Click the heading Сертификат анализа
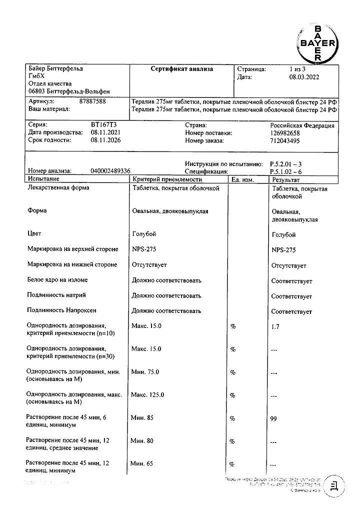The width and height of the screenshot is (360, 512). click(x=182, y=69)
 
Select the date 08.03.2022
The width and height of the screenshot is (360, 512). click(x=304, y=77)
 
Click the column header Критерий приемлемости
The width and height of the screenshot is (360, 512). click(x=167, y=178)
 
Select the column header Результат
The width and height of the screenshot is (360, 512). click(x=286, y=179)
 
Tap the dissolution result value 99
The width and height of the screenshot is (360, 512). click(x=273, y=418)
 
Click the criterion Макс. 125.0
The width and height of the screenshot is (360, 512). click(x=147, y=395)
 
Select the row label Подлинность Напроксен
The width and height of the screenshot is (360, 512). click(x=62, y=311)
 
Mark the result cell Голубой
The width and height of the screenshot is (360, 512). click(x=283, y=234)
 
